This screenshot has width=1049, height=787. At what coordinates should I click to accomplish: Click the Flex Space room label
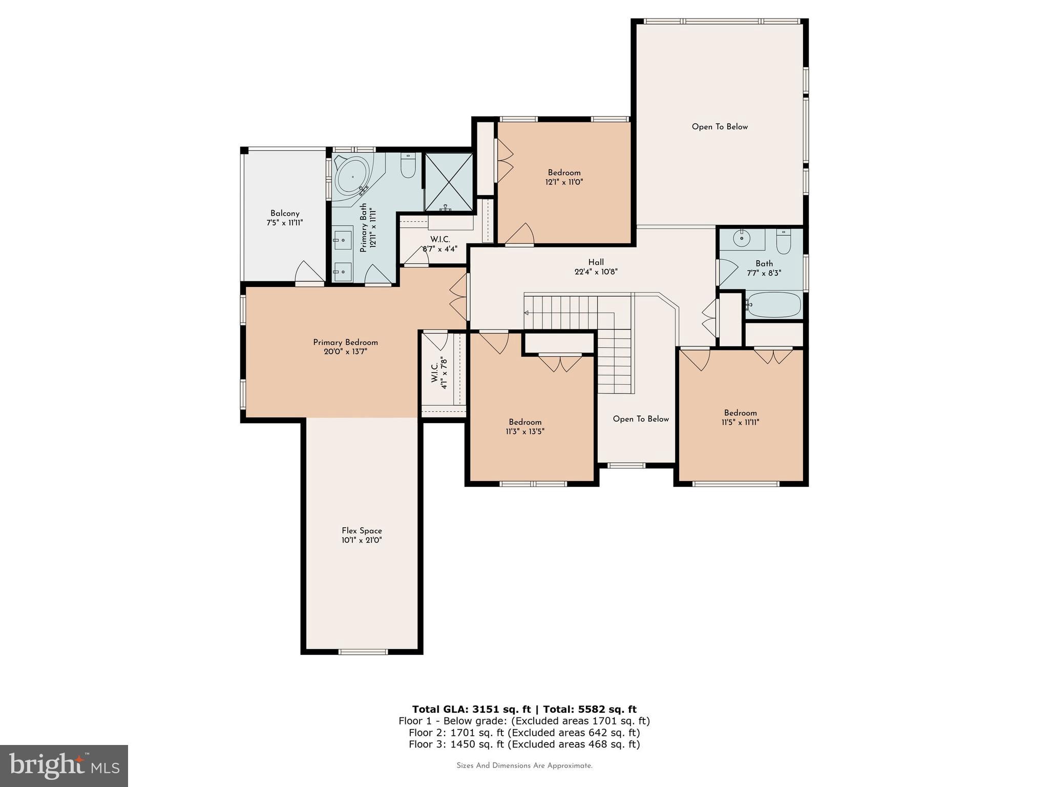(x=362, y=531)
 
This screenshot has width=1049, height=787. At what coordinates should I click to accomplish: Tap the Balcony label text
(x=285, y=214)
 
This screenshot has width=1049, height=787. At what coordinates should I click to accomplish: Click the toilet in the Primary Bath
(x=408, y=166)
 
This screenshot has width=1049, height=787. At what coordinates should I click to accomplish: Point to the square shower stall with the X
(x=449, y=182)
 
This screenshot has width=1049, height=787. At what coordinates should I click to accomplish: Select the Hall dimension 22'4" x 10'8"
(x=596, y=272)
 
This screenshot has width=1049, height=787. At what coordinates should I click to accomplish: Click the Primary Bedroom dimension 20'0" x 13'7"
(x=345, y=352)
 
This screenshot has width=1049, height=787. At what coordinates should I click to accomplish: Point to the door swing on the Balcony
(x=309, y=273)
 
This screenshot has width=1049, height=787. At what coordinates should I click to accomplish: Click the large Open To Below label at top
(x=720, y=127)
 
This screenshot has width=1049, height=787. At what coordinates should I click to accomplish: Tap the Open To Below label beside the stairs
(x=641, y=419)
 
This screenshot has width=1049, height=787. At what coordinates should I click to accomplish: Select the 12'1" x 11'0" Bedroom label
(x=564, y=177)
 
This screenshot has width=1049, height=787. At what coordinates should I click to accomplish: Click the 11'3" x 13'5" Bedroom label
(x=525, y=427)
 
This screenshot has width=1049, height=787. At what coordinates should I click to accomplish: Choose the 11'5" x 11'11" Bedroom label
(x=740, y=418)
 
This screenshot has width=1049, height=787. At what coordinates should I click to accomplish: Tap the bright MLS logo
(x=64, y=766)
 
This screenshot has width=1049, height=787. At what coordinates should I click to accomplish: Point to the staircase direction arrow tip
(x=526, y=313)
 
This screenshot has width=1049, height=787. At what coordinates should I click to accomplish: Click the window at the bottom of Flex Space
(x=363, y=652)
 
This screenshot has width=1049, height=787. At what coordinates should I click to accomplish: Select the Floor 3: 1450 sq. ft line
(x=524, y=744)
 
